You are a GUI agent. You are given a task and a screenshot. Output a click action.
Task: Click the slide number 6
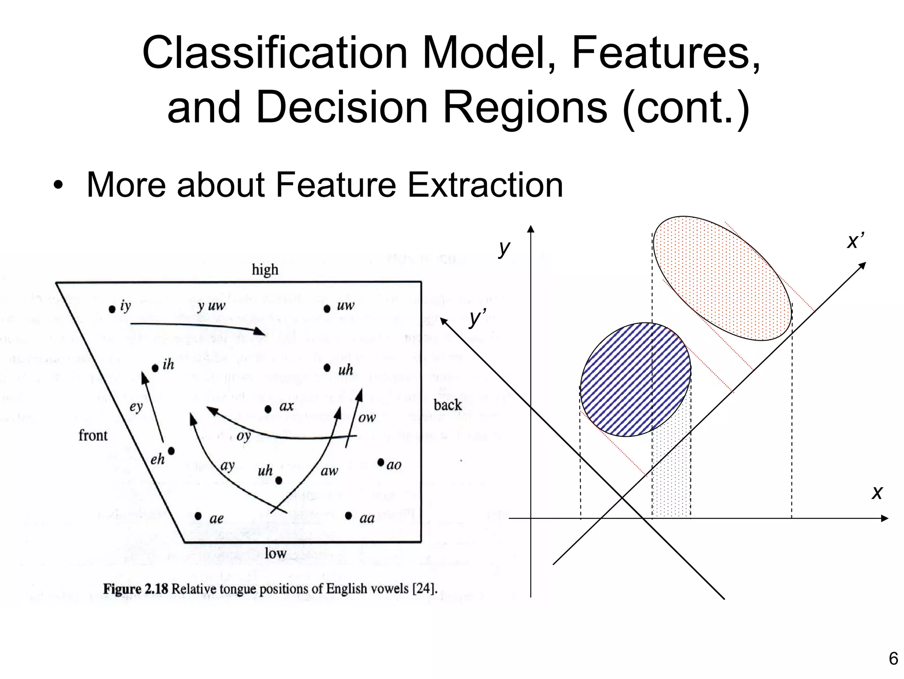click(893, 659)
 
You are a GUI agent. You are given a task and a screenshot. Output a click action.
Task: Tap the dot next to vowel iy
click(112, 309)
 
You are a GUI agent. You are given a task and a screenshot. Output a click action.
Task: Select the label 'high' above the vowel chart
click(265, 270)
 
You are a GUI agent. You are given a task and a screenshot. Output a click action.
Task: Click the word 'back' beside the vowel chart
click(447, 405)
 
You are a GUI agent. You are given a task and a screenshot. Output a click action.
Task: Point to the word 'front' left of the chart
click(93, 435)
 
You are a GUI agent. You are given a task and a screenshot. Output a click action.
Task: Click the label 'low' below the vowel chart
click(275, 553)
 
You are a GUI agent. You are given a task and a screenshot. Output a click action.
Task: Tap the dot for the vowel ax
click(268, 409)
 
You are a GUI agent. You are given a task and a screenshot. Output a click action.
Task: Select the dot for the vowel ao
click(381, 462)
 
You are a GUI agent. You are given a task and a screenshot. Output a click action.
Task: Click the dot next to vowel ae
click(198, 516)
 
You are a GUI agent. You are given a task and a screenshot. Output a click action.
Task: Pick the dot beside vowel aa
click(349, 515)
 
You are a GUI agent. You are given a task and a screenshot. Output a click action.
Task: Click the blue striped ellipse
click(635, 380)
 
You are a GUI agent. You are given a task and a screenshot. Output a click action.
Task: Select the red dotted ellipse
click(722, 278)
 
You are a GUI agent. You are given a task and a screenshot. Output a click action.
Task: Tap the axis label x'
click(855, 241)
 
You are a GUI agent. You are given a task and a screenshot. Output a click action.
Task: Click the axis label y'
click(477, 317)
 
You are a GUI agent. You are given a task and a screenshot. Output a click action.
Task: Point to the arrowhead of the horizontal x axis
click(884, 518)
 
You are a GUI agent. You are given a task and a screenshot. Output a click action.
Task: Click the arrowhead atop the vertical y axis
click(531, 229)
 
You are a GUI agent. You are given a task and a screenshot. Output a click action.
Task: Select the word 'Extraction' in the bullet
click(485, 185)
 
